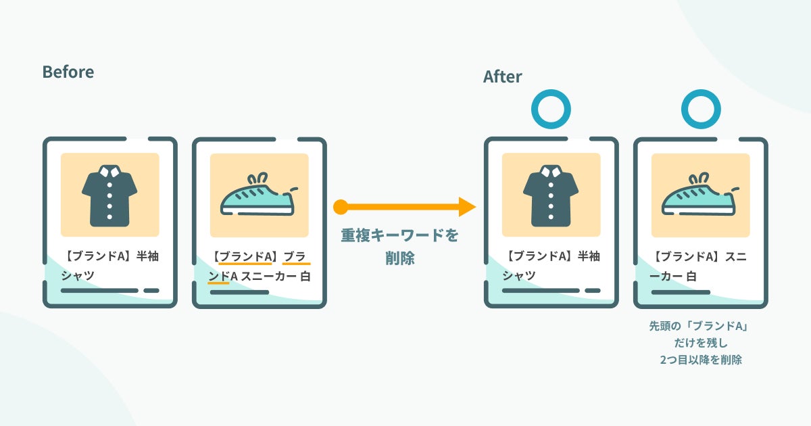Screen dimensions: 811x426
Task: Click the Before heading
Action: [x=68, y=72]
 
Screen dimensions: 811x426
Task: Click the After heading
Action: [x=502, y=76]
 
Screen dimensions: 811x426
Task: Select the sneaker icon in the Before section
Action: [x=259, y=196]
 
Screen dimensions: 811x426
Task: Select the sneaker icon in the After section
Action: [x=700, y=196]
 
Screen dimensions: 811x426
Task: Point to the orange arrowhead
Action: [x=467, y=207]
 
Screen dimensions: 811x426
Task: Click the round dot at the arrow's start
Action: [x=341, y=207]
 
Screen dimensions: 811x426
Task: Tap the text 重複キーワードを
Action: [x=399, y=235]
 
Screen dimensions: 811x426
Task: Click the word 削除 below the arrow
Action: [x=399, y=258]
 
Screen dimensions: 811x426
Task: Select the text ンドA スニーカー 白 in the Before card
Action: [x=260, y=276]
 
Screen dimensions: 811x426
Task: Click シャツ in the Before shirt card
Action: [x=78, y=276]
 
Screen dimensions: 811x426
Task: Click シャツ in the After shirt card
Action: [x=519, y=276]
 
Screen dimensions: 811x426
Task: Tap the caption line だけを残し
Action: [x=700, y=344]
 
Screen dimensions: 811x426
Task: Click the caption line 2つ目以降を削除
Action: [x=700, y=360]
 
